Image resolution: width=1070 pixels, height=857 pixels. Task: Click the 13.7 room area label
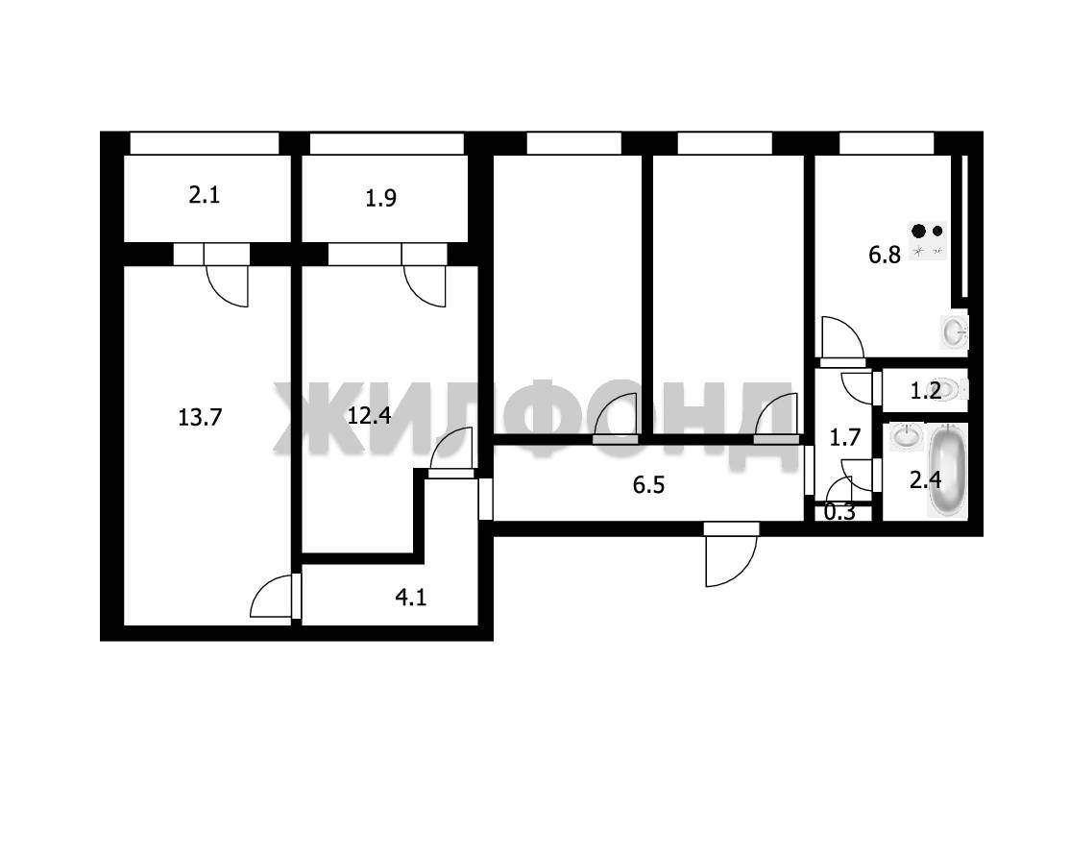click(x=200, y=417)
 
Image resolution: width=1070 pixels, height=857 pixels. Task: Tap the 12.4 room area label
click(x=369, y=415)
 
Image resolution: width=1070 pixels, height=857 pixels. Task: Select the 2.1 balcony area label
click(x=204, y=196)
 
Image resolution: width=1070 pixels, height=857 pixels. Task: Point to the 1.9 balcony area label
click(x=380, y=199)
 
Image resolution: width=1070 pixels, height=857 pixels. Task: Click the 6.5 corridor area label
click(x=648, y=485)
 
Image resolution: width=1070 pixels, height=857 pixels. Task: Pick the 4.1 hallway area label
click(x=411, y=598)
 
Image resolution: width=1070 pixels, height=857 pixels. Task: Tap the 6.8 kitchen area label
click(x=885, y=256)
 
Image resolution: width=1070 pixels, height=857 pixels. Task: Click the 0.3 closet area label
click(x=839, y=512)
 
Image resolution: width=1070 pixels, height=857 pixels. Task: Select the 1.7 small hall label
click(x=845, y=437)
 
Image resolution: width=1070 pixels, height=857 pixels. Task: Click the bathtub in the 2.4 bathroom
click(x=947, y=470)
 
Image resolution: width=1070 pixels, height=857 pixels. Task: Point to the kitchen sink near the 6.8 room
click(x=955, y=332)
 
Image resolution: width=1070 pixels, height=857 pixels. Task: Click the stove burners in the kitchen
click(x=928, y=241)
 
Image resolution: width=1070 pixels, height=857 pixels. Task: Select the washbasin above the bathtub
click(x=906, y=437)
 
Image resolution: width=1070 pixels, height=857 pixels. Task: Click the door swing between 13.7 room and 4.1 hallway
click(x=272, y=596)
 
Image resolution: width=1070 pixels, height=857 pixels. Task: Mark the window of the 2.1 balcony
click(x=204, y=143)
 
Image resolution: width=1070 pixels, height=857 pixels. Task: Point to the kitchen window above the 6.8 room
click(x=887, y=143)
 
